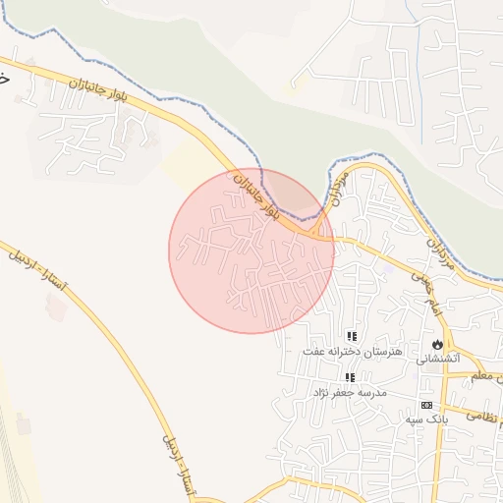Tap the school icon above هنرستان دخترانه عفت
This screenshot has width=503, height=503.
pos(352,336)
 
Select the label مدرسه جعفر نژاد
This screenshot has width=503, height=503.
pos(350,392)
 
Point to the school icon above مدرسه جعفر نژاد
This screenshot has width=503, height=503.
pos(350,377)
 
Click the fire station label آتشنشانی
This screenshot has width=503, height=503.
pos(437,359)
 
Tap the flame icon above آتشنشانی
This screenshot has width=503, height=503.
pos(437,344)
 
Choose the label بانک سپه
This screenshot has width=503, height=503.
pos(426,419)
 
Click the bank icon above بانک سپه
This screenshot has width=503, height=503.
pos(426,405)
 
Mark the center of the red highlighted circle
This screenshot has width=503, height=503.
pos(251,251)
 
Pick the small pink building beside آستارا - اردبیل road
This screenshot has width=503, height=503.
pos(57,307)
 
